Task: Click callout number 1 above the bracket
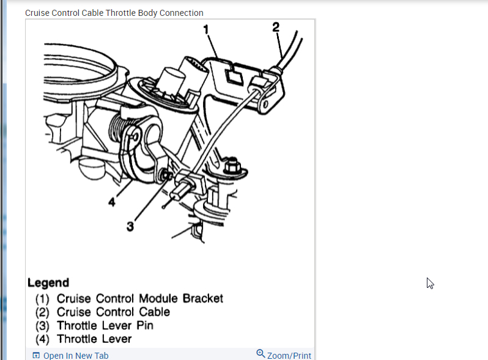click(x=206, y=29)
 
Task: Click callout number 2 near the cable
click(x=276, y=26)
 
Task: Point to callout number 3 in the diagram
click(x=130, y=226)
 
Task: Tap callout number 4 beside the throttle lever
click(x=112, y=202)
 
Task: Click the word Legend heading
click(x=48, y=283)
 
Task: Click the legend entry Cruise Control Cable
click(x=113, y=312)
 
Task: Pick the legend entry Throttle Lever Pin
click(x=105, y=325)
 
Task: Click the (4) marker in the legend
click(x=42, y=339)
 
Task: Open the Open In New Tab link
click(x=76, y=356)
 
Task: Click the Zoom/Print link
click(x=289, y=356)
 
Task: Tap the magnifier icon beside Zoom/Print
click(x=261, y=354)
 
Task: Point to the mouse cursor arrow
click(x=430, y=283)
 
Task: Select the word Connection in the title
click(x=182, y=13)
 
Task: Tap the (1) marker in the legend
click(x=42, y=299)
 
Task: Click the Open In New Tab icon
click(x=36, y=356)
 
